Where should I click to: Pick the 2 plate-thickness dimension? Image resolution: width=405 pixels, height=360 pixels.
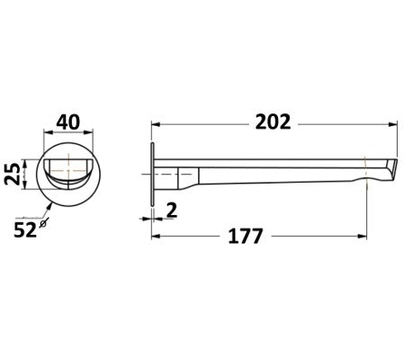pos(171,210)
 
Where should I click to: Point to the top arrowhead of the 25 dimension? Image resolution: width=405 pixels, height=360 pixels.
pos(32,156)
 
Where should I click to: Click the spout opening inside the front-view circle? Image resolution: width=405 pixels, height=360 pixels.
pos(67,167)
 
